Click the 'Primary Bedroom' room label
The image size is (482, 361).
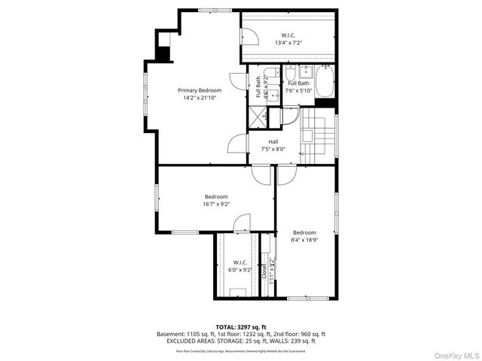point(200,90)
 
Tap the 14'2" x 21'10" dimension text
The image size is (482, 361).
point(200,98)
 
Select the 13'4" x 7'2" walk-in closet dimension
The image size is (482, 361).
point(288,43)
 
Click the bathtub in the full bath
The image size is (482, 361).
point(325,82)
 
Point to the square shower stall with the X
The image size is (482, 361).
point(258,117)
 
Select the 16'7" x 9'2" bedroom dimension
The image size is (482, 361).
point(194,204)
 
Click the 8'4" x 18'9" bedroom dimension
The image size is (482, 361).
point(304,240)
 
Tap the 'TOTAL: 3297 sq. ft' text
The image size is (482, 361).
point(240,327)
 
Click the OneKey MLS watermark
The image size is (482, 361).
point(455,353)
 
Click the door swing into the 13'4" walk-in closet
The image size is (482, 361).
point(249,36)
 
